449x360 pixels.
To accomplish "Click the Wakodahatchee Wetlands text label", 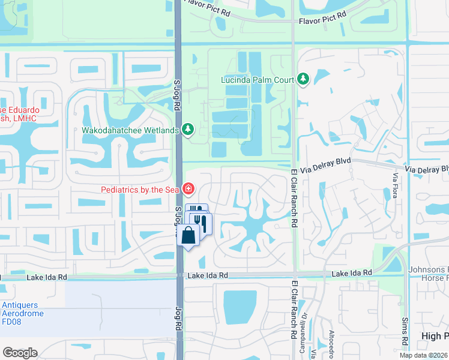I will click(130, 130).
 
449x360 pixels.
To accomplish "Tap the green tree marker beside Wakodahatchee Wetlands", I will click(188, 129).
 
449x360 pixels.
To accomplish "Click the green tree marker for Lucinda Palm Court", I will click(303, 79).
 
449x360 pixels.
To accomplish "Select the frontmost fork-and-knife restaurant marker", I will click(202, 224).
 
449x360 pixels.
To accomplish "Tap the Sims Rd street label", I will click(405, 332).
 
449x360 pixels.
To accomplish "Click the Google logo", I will click(20, 353).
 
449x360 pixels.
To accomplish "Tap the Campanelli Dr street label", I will click(303, 326).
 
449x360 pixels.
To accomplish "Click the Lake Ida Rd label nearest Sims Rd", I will click(352, 272).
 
